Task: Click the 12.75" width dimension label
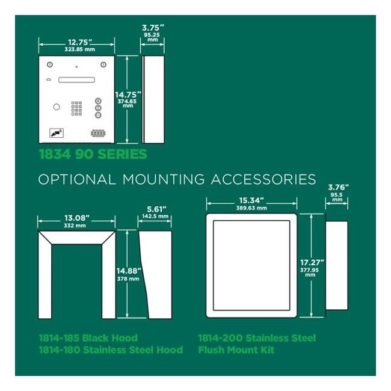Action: tap(80, 42)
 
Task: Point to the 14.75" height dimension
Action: tap(128, 95)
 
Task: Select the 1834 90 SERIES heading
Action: tap(93, 154)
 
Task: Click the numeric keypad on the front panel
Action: tap(76, 108)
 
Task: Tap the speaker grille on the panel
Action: tap(98, 133)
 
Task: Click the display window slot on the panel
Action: tap(76, 80)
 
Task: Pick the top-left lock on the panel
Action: tap(50, 64)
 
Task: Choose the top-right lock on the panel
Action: tap(103, 64)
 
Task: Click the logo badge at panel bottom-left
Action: tap(57, 133)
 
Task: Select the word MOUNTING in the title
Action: tap(164, 179)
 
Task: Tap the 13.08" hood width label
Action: tap(77, 218)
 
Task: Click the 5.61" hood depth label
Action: tap(156, 209)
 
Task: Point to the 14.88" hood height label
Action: tap(129, 271)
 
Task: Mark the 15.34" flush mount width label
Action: tap(251, 200)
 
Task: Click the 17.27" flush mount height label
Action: tap(312, 263)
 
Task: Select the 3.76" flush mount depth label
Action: tap(338, 187)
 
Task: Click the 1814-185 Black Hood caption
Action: tap(88, 338)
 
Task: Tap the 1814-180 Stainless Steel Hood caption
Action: tap(111, 350)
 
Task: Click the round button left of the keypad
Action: tap(57, 107)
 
